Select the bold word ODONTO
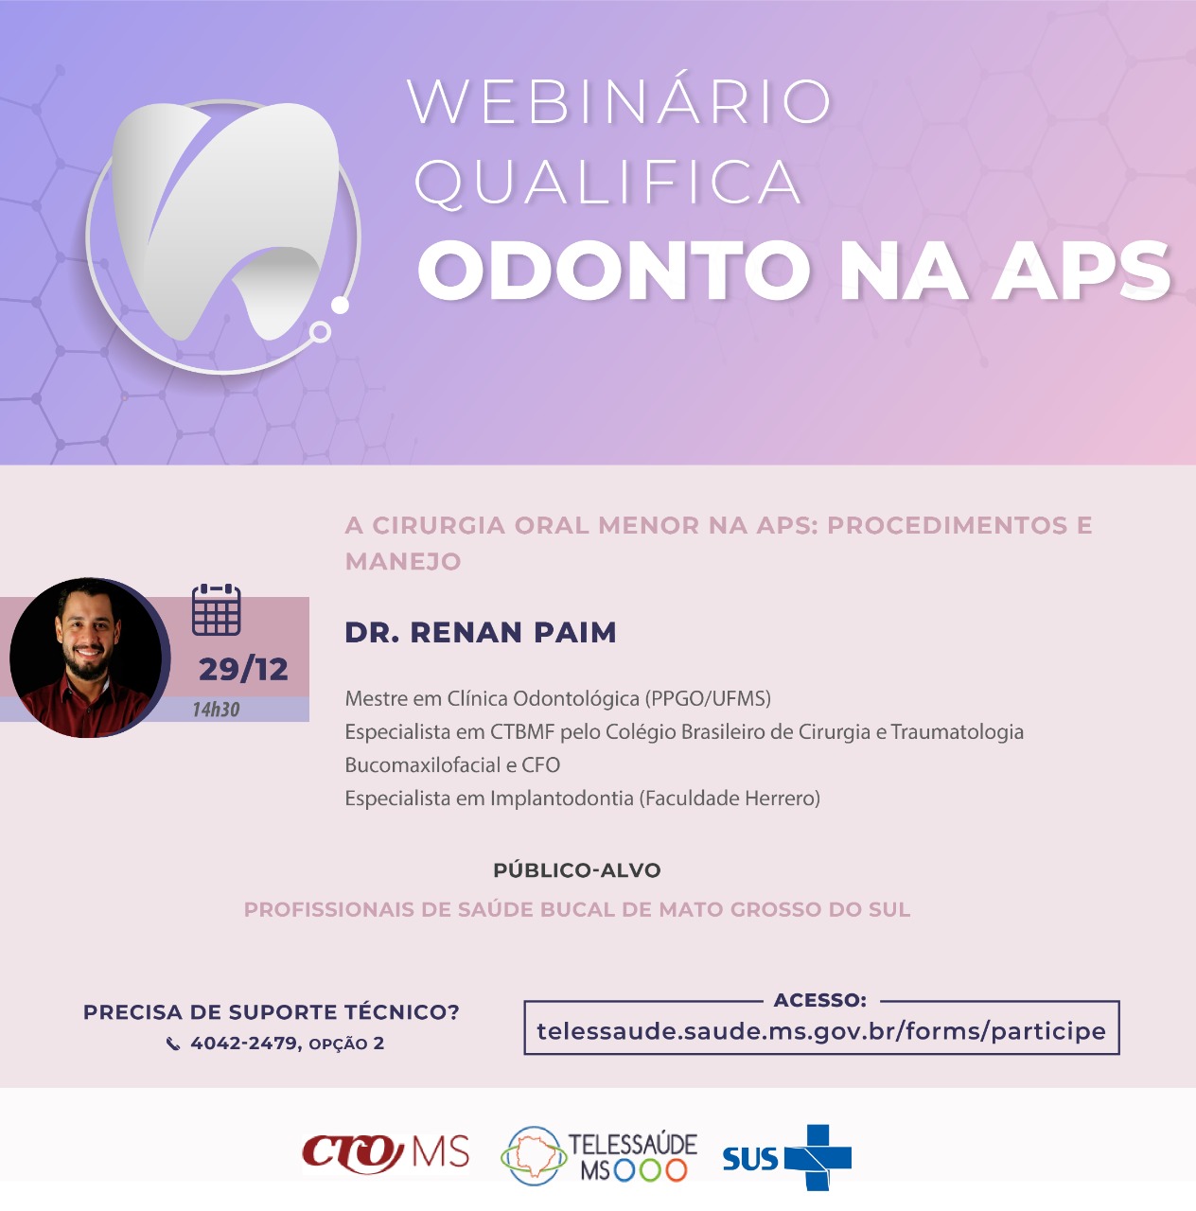click(615, 271)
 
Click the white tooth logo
click(225, 219)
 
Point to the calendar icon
click(217, 609)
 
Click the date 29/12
click(243, 669)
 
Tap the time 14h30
click(216, 710)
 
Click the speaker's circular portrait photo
click(88, 658)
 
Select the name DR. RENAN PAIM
click(481, 632)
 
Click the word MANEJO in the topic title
click(403, 561)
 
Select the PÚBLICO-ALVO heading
click(576, 870)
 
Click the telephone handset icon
click(173, 1044)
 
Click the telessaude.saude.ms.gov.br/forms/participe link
click(821, 1031)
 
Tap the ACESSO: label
click(820, 1000)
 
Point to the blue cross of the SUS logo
click(819, 1158)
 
